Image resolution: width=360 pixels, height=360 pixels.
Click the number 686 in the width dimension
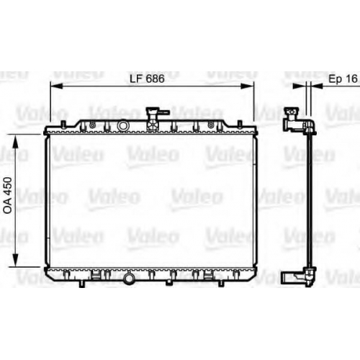click(x=155, y=78)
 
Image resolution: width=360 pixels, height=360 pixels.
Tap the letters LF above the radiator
click(x=136, y=78)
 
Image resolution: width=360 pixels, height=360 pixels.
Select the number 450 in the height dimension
click(x=8, y=186)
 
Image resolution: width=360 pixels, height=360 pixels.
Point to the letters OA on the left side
click(x=8, y=206)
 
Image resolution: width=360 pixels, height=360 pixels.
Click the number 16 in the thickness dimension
click(x=352, y=78)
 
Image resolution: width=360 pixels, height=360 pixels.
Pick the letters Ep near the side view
click(x=336, y=79)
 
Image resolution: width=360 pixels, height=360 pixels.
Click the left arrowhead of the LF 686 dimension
click(x=56, y=86)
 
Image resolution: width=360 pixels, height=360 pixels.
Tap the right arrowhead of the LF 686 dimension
click(x=248, y=86)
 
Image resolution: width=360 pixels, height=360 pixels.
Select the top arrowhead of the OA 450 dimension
click(x=15, y=140)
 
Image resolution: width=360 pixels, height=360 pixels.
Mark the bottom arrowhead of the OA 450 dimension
click(x=15, y=260)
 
